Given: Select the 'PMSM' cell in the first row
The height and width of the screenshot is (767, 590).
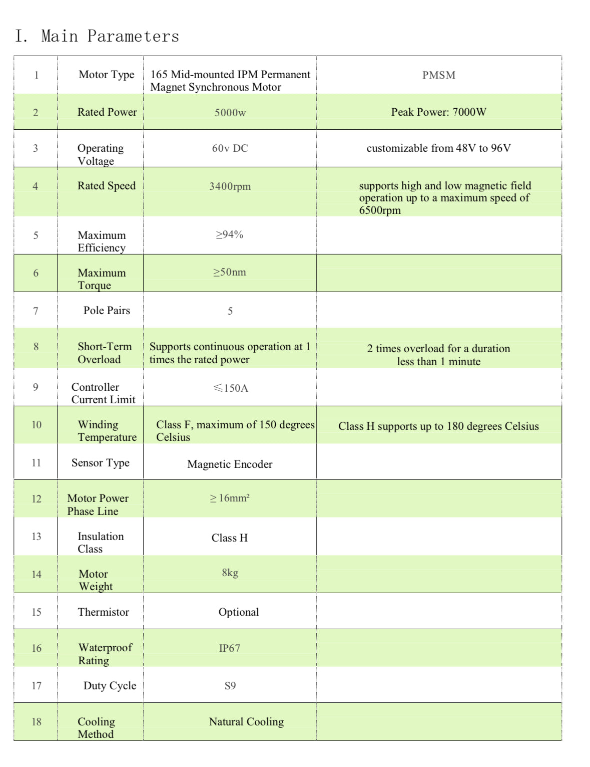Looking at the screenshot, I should click(438, 75).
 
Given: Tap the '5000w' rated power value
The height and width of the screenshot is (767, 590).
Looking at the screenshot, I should click(230, 113).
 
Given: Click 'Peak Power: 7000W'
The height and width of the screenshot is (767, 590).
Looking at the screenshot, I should click(438, 112).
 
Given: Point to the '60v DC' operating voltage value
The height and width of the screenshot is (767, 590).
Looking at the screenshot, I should click(230, 148).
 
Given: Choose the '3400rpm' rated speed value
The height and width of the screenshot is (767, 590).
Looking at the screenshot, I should click(230, 186).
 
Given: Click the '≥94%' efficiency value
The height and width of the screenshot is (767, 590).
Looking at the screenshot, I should click(229, 234).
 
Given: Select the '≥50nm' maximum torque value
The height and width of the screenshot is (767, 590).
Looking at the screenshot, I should click(229, 272).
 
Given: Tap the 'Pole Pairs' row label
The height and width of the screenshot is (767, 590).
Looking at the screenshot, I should click(107, 311).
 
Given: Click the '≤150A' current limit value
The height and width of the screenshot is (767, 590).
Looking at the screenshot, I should click(230, 388).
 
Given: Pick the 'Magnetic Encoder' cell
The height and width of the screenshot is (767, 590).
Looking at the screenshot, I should click(230, 464).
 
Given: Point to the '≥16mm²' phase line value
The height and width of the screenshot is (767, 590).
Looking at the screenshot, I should click(229, 498).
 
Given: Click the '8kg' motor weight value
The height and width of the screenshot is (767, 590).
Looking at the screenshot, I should click(230, 573).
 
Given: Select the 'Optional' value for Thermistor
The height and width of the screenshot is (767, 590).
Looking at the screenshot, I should click(238, 612).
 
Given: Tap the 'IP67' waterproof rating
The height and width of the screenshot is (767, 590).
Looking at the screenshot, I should click(229, 648).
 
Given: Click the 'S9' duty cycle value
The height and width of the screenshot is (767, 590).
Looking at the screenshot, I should click(230, 686).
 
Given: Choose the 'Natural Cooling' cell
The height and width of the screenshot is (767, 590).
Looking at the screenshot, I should click(246, 722).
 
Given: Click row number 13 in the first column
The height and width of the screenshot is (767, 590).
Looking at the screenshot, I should click(37, 537).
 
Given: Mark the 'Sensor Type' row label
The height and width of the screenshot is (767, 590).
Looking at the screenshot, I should click(100, 463).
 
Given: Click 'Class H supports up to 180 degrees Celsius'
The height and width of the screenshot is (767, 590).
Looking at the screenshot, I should click(438, 426).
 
